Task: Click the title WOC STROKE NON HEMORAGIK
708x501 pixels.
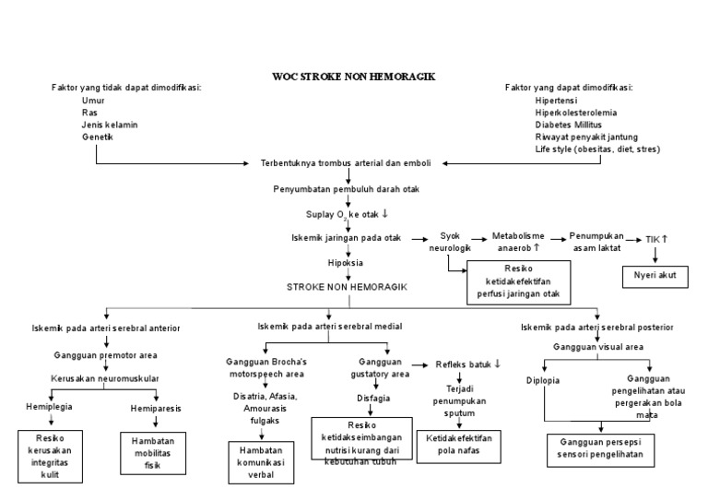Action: [354, 76]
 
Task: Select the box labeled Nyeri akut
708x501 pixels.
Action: [655, 275]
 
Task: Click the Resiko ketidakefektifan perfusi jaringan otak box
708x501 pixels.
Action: [519, 282]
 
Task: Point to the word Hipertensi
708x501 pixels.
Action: [557, 100]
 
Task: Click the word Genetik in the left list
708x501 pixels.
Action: [97, 137]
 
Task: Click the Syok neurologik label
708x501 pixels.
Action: [449, 242]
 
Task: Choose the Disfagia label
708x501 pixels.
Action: [373, 399]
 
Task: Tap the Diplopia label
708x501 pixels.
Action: [542, 380]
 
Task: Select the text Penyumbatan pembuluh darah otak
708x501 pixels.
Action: [345, 188]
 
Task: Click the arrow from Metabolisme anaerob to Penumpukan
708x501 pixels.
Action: [556, 236]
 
